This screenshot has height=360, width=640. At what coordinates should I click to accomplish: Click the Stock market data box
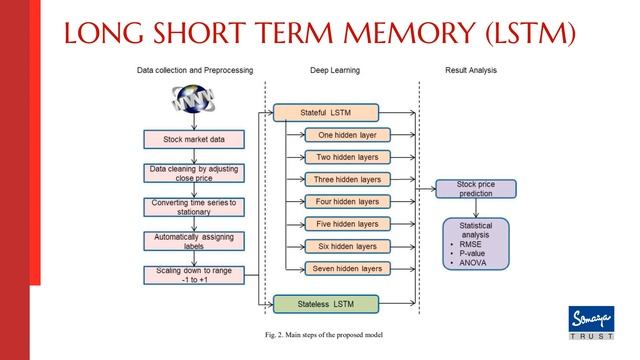[193, 139]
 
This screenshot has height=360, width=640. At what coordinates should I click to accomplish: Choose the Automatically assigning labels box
[193, 240]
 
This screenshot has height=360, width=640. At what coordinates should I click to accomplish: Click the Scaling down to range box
[193, 274]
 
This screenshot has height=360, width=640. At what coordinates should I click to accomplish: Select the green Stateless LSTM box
[326, 302]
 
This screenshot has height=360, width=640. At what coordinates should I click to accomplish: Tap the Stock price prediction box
[475, 189]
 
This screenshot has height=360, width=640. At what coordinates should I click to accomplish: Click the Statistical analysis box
[475, 243]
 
